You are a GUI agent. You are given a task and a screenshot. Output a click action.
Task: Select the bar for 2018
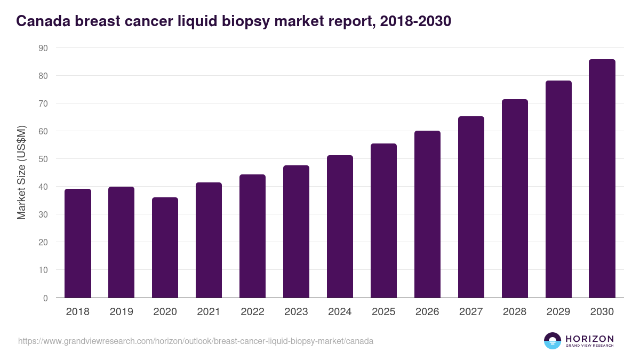pos(78,243)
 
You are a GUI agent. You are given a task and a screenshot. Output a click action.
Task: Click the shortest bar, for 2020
pos(165,247)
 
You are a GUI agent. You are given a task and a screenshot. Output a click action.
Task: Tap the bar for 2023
pos(296,231)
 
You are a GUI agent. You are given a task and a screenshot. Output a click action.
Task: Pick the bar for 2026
pos(427,214)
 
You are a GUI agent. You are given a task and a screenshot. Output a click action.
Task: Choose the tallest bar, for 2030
pos(602,178)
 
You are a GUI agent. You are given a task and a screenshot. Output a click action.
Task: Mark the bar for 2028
pos(515,198)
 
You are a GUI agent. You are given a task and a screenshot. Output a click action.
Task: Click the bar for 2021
pos(209,240)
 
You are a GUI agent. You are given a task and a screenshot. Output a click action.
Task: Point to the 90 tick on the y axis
pos(43,48)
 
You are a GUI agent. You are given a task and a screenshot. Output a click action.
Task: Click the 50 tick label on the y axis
pos(43,159)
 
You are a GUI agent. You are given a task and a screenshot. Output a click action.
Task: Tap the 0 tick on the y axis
pos(45,298)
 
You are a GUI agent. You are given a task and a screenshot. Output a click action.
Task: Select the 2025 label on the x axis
pos(383,312)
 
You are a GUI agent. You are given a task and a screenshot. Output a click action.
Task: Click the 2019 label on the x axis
pos(121,312)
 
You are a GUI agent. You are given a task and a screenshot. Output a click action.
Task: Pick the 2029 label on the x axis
pos(558,312)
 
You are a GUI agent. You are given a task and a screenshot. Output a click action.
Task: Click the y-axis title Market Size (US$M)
pos(21,173)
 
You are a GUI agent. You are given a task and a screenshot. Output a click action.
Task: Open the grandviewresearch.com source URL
pos(196,341)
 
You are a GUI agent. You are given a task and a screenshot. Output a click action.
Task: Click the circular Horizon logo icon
pos(553,341)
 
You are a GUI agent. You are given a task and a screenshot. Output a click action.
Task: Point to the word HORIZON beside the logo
pos(589,339)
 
